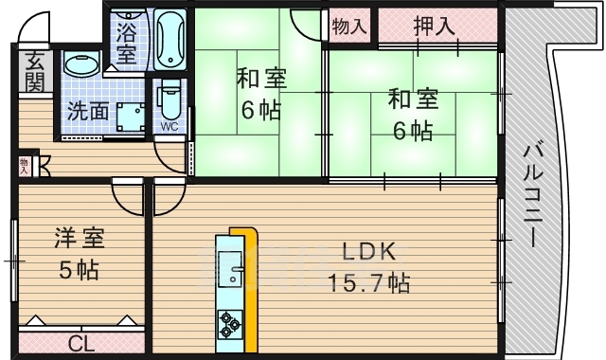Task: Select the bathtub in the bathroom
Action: [170, 38]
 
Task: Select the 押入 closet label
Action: [435, 26]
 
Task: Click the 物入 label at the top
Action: [349, 26]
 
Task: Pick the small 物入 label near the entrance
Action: [24, 165]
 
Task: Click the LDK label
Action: [368, 252]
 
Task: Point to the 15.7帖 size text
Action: [368, 281]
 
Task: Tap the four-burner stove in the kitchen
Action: [230, 323]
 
